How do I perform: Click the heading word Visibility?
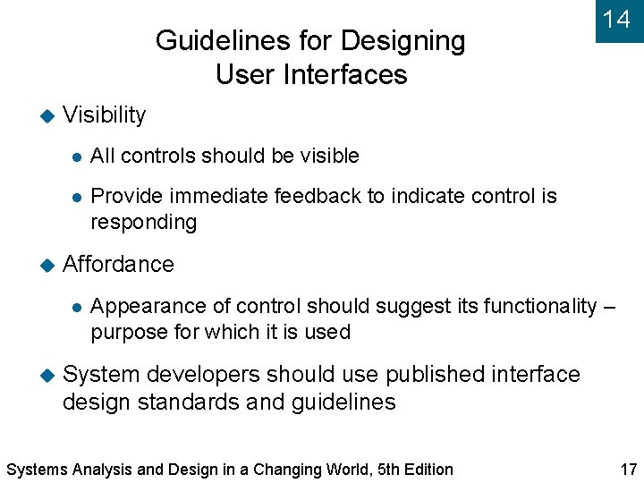point(105,115)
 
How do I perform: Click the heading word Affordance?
point(118,264)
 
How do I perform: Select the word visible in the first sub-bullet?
point(329,156)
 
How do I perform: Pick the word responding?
point(143,222)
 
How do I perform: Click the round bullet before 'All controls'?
point(78,157)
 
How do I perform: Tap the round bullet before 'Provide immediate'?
point(78,197)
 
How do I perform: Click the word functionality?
point(540,306)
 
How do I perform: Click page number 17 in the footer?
point(628,470)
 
